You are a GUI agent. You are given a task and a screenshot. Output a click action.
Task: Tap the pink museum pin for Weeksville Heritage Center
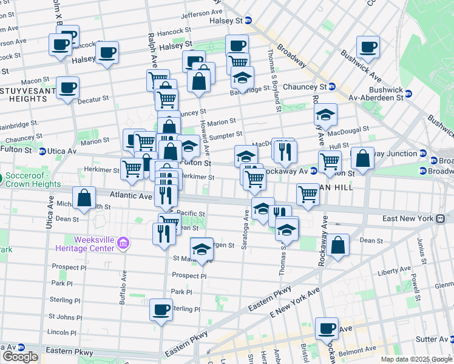point(123,244)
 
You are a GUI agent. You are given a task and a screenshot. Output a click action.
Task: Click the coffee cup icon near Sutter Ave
point(327,328)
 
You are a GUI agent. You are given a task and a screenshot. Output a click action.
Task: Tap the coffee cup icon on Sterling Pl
point(161,309)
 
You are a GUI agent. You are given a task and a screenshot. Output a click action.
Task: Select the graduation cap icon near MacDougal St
point(326,114)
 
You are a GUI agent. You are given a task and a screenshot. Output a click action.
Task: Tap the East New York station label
point(408,218)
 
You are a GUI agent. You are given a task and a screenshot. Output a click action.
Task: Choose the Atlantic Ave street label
point(130,196)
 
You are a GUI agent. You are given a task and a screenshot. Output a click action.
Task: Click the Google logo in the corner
point(20,357)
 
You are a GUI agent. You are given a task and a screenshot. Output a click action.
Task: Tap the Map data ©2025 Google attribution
point(416,359)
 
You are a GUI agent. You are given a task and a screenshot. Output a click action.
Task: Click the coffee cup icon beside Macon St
point(67,87)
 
